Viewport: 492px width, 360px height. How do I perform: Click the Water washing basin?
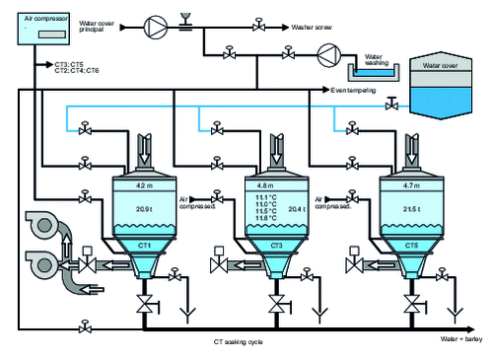pyautogui.click(x=376, y=70)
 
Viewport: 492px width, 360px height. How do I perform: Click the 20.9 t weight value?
pyautogui.click(x=143, y=208)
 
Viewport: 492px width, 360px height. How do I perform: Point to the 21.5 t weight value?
pyautogui.click(x=411, y=209)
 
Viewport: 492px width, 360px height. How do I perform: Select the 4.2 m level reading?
pyautogui.click(x=143, y=183)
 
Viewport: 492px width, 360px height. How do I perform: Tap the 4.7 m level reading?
pyautogui.click(x=411, y=183)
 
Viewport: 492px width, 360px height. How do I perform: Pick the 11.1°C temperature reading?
pyautogui.click(x=264, y=197)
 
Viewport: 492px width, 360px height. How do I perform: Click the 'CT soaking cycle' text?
pyautogui.click(x=238, y=341)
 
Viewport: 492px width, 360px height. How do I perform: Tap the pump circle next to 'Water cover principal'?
pyautogui.click(x=156, y=22)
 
